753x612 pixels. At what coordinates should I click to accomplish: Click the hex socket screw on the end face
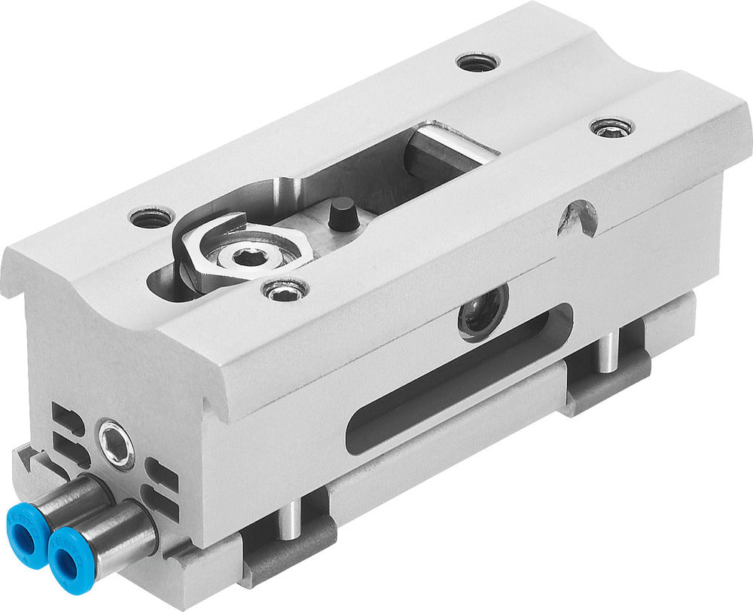click(x=117, y=439)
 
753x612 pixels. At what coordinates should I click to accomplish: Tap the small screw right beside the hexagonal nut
click(x=285, y=289)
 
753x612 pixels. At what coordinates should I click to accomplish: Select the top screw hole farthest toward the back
click(x=477, y=63)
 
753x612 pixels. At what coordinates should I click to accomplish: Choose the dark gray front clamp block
click(x=291, y=555)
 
